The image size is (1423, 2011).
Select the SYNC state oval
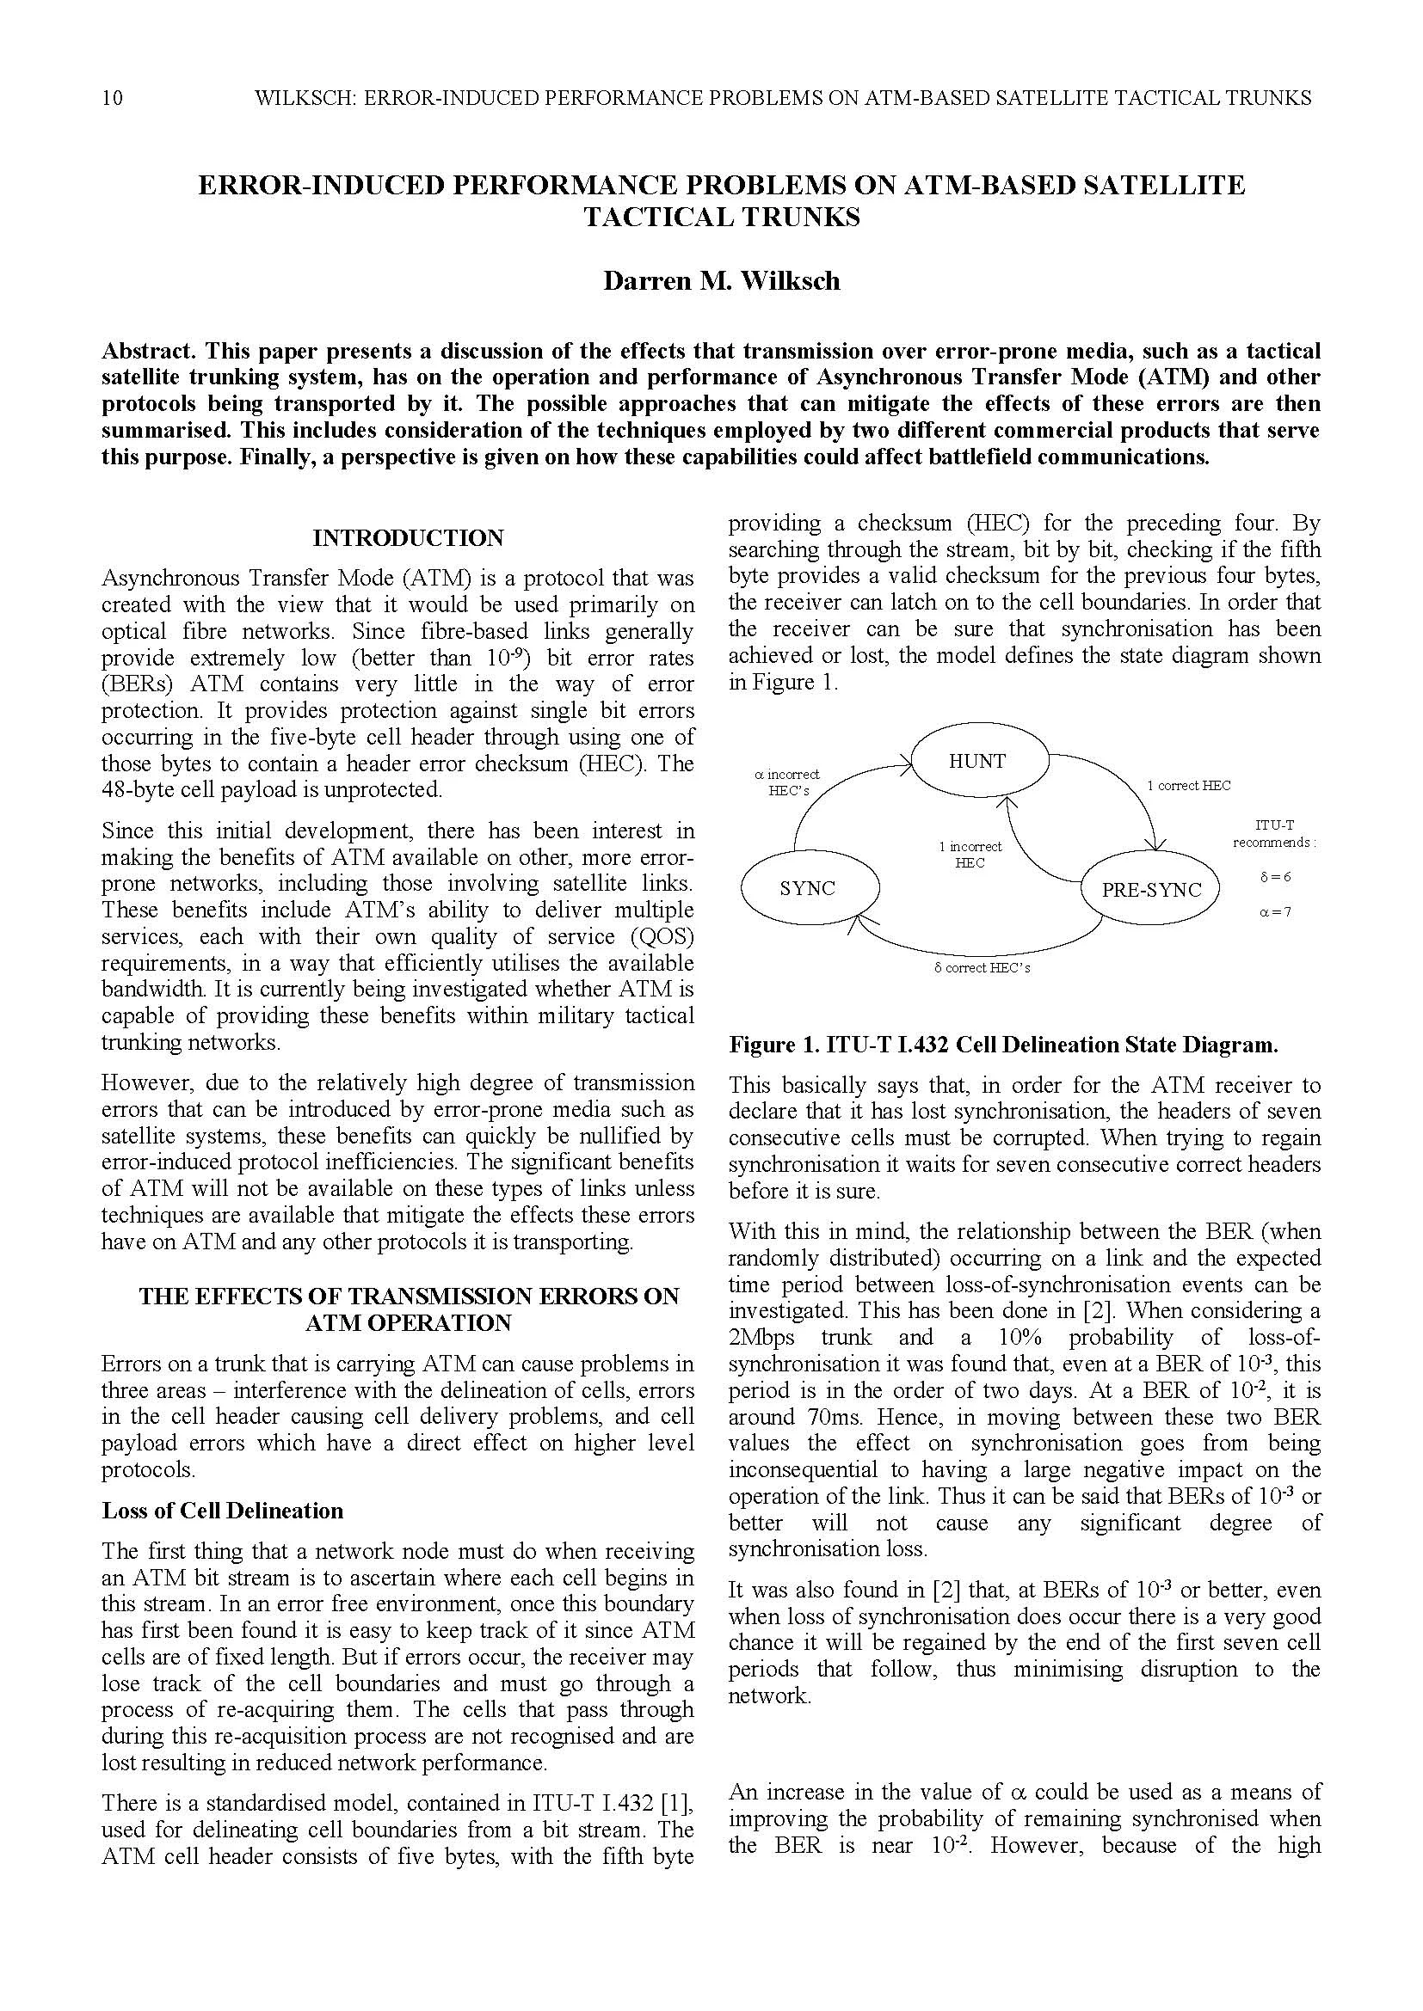[807, 888]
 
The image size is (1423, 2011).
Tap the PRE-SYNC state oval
[1150, 890]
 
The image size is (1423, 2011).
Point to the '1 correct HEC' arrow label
[1188, 786]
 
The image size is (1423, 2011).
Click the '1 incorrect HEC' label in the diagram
[970, 854]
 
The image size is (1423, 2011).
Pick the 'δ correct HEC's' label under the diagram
[982, 968]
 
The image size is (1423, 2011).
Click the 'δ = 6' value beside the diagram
[1275, 876]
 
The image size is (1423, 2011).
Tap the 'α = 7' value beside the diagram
[1275, 911]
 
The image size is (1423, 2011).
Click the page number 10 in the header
[112, 98]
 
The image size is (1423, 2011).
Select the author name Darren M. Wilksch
[721, 281]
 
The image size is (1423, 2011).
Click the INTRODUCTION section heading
[409, 537]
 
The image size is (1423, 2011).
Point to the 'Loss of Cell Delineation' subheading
[223, 1511]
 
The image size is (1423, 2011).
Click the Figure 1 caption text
[1003, 1045]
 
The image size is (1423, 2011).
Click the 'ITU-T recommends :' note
[1275, 833]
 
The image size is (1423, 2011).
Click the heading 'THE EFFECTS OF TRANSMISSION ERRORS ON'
[409, 1297]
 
